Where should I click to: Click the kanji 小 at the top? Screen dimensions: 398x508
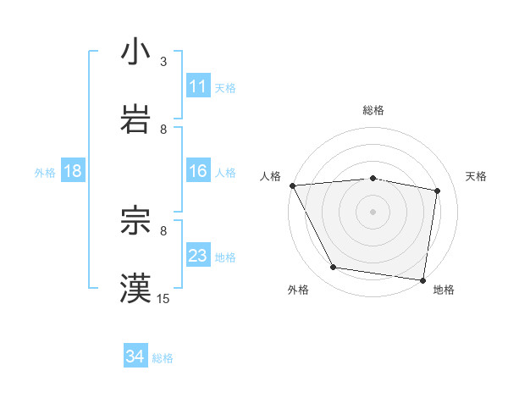(135, 52)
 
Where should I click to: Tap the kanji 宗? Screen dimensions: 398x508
(135, 221)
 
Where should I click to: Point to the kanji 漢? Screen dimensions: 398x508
(135, 288)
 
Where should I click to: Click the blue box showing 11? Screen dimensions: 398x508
(198, 86)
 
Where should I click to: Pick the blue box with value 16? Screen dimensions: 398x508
(198, 171)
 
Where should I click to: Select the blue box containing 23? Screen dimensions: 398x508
(198, 256)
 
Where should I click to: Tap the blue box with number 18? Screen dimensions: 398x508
(73, 171)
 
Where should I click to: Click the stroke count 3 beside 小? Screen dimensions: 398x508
(163, 62)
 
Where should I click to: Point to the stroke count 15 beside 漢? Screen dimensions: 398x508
(163, 298)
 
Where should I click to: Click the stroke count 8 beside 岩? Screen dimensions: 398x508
(163, 129)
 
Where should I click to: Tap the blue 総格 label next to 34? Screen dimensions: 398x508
(163, 358)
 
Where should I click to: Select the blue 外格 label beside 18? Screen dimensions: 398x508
(45, 172)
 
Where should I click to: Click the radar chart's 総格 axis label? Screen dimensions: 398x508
(373, 110)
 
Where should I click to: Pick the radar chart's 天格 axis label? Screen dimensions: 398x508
(477, 176)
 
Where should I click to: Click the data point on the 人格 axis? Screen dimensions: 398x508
(292, 185)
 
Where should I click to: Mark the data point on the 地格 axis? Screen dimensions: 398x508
(423, 279)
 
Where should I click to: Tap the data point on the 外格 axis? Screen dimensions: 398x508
(334, 268)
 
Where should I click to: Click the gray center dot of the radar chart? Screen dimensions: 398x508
(373, 212)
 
